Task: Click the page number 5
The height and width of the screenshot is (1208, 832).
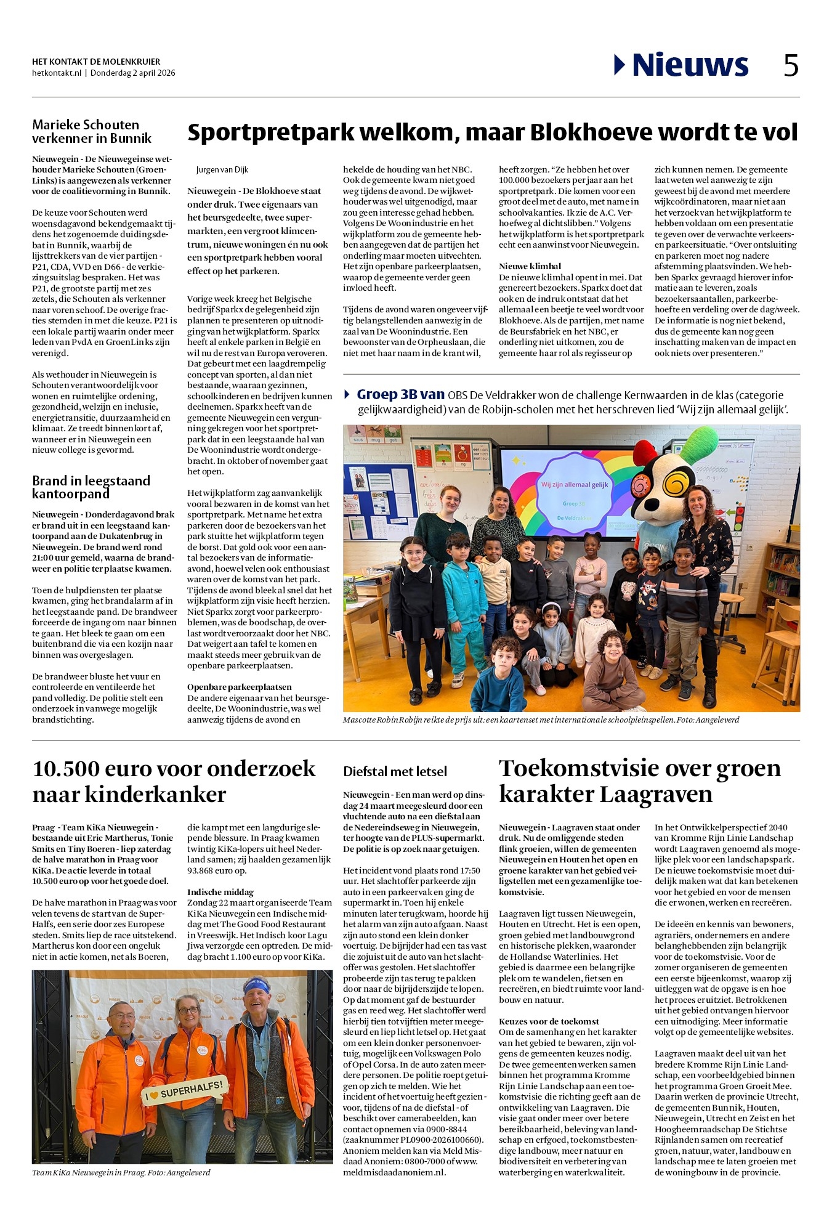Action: tap(791, 65)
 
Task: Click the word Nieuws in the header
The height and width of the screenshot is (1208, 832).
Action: tap(690, 65)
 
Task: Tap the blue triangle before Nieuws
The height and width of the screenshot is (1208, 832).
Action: tap(620, 65)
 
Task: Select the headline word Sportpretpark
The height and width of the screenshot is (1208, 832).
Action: tap(271, 132)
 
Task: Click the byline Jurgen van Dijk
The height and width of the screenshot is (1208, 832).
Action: tap(222, 170)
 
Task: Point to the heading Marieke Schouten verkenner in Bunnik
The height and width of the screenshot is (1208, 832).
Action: tap(92, 131)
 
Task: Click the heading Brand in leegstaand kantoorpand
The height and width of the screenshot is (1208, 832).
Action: tap(91, 487)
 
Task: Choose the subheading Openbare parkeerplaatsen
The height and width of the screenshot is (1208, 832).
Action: tap(240, 687)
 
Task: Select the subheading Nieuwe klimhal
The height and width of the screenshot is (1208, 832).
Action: tap(530, 266)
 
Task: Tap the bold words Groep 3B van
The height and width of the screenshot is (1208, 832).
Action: tap(400, 395)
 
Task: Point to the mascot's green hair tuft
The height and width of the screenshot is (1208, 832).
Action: tap(699, 441)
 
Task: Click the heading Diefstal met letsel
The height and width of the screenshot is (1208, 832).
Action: tap(395, 771)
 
